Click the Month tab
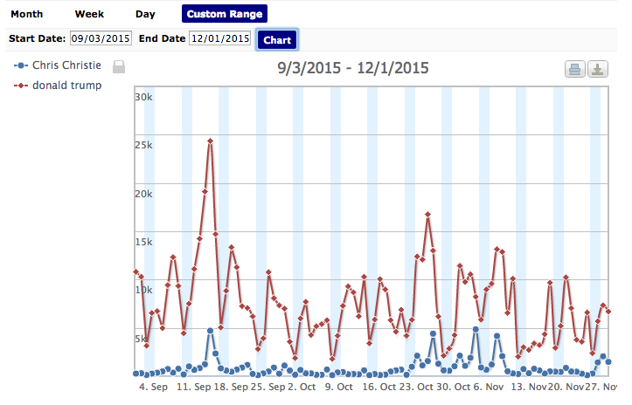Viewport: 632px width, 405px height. tap(27, 14)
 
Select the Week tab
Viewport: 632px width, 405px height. tap(89, 14)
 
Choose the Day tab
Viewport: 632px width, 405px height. tap(145, 14)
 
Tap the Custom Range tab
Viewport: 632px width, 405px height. tap(225, 14)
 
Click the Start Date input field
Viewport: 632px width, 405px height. tap(101, 38)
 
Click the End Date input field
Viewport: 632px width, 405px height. tap(220, 38)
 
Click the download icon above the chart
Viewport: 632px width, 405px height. tap(598, 70)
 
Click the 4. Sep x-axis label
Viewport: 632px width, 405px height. tap(154, 387)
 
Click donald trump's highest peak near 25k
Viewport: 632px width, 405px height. tap(211, 141)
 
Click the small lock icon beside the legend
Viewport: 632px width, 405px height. tap(120, 66)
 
